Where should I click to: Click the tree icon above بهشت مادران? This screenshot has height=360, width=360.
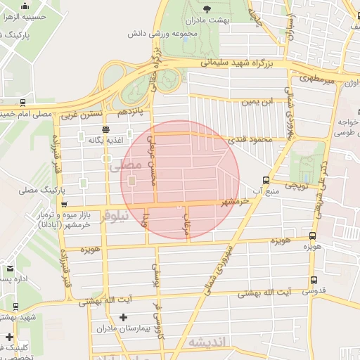click(207, 8)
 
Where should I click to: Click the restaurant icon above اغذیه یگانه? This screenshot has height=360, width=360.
click(105, 129)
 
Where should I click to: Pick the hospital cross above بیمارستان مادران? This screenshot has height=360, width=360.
click(123, 318)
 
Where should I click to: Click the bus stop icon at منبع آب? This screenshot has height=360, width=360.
click(265, 180)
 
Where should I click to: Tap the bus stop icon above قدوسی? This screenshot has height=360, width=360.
click(314, 281)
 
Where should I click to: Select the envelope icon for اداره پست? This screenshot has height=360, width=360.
click(10, 269)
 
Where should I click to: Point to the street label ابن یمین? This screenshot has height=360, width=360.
click(257, 102)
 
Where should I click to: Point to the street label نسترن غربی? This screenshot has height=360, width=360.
click(82, 113)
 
